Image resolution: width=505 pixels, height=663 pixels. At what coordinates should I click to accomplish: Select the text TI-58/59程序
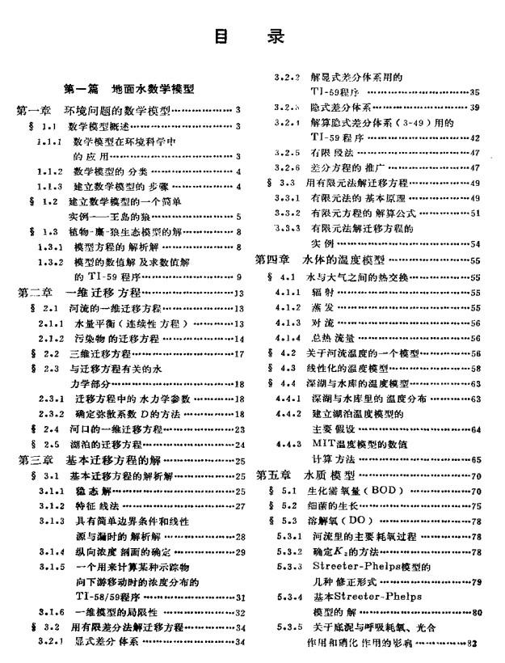(x=109, y=597)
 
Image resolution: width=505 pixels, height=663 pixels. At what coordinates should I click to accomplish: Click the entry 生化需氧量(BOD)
(x=350, y=491)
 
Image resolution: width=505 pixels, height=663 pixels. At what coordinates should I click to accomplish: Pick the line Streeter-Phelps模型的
(x=361, y=567)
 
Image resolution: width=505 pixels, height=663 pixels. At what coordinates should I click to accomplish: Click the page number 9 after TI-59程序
(x=238, y=277)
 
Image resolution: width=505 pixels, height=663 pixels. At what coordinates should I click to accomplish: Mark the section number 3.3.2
(x=287, y=213)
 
